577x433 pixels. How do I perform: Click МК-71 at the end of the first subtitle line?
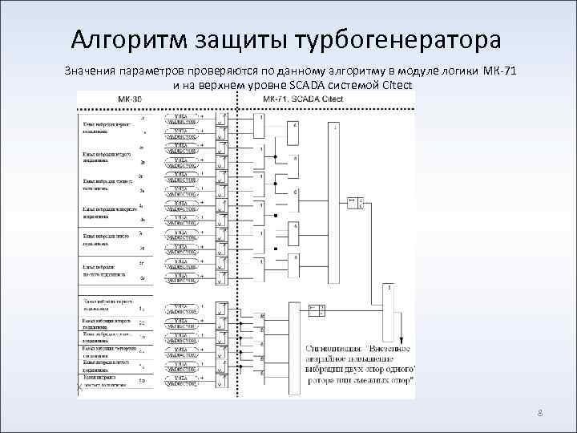tap(500, 71)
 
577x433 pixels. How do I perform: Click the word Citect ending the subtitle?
tap(397, 85)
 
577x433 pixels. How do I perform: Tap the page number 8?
tap(540, 414)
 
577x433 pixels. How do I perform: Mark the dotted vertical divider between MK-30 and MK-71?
tap(234, 241)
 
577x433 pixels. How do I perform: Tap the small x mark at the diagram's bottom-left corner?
tap(79, 389)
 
